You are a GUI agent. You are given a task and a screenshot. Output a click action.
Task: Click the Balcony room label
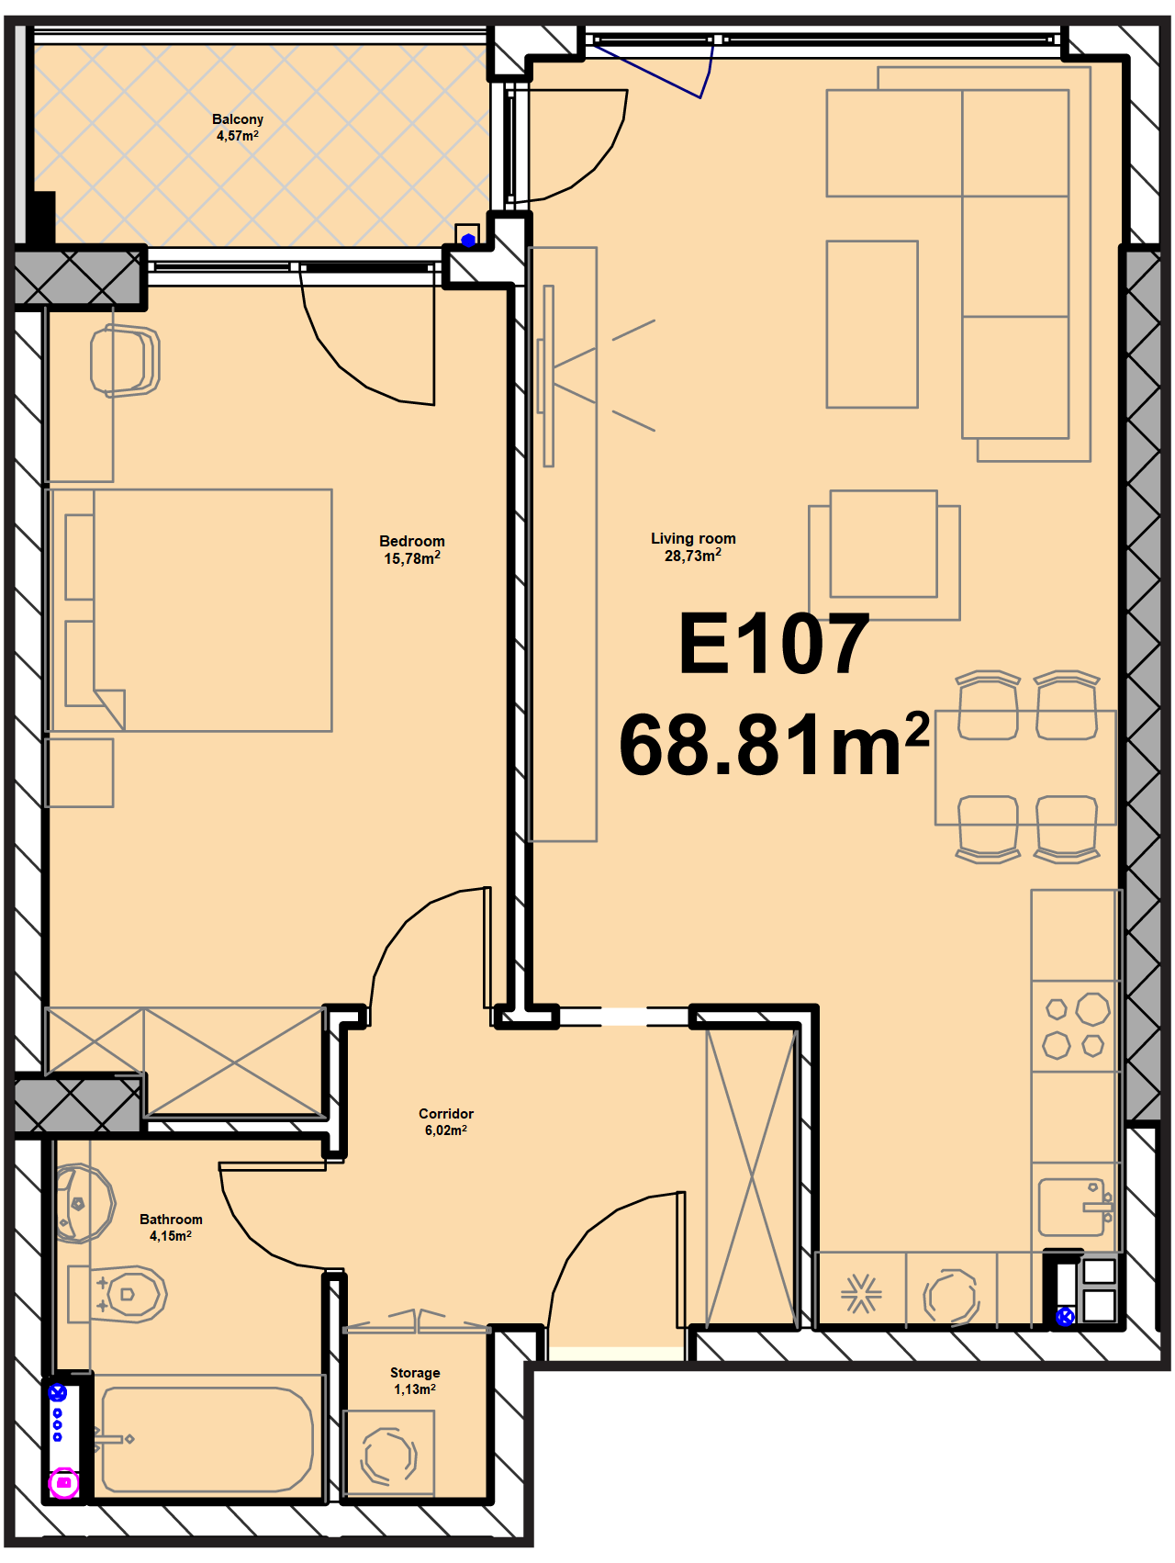[238, 128]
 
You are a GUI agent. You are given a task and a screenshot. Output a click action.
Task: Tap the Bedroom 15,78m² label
[412, 550]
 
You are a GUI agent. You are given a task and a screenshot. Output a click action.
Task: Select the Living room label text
[693, 547]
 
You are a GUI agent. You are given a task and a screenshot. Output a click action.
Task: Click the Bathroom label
[171, 1228]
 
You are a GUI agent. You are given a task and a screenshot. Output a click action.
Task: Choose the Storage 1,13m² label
[415, 1381]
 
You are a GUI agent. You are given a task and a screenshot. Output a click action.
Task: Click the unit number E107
[774, 645]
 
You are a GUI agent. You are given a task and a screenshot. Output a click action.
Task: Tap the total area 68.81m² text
[774, 744]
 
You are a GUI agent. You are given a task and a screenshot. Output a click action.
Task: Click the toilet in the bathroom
[117, 1294]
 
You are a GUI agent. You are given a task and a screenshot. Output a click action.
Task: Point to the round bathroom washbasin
[84, 1204]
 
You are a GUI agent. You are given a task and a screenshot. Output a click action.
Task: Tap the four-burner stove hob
[1075, 1026]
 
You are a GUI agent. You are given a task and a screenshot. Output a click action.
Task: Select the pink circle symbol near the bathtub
[63, 1482]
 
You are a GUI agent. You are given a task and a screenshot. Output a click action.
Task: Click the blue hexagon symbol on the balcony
[468, 241]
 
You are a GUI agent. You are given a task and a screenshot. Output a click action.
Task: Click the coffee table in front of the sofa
[872, 324]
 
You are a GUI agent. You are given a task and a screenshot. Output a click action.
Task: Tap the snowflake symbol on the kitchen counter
[861, 1294]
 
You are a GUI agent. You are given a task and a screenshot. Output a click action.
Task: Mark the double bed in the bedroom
[189, 611]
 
